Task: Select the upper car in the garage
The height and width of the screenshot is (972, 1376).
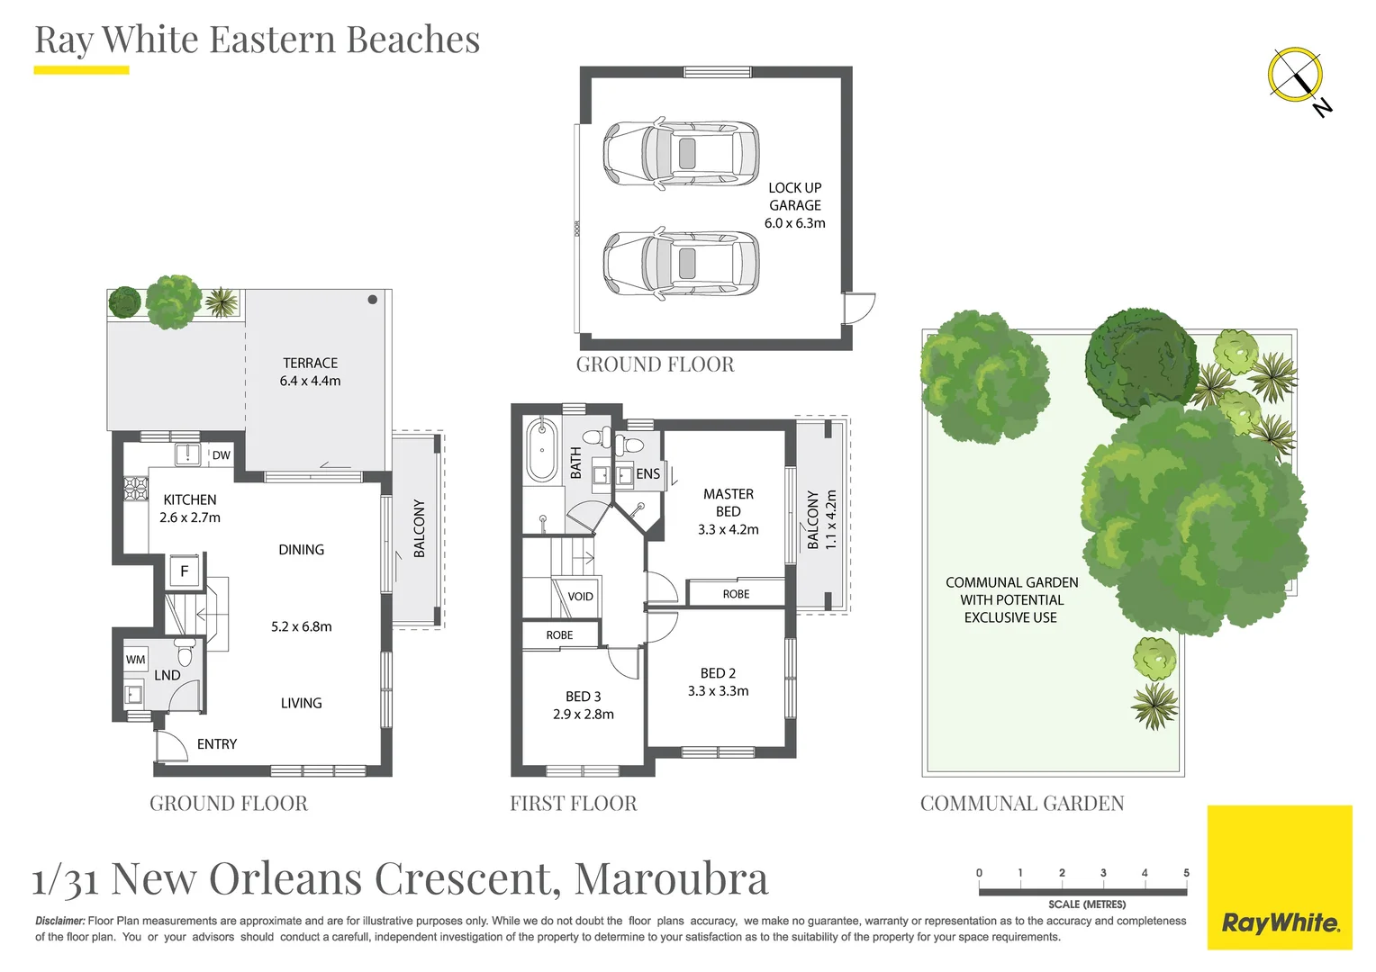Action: (x=681, y=153)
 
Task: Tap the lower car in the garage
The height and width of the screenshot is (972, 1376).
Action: (x=681, y=263)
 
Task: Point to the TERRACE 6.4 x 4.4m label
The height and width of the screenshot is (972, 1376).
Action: (x=310, y=372)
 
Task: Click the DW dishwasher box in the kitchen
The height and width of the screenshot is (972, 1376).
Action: (x=221, y=455)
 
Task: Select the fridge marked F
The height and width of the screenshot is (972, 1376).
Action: (x=185, y=571)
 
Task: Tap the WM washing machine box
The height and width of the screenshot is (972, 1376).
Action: (x=135, y=660)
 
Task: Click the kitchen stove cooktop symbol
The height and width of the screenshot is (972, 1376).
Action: (x=135, y=488)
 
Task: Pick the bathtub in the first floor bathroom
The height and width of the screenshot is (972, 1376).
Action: (x=542, y=450)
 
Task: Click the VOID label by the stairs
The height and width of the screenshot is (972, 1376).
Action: (x=580, y=597)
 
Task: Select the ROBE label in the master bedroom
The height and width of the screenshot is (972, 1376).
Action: (x=736, y=594)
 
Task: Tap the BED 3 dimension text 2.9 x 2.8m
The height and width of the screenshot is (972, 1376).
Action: (x=584, y=715)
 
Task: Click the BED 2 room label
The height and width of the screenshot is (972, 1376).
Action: (x=718, y=673)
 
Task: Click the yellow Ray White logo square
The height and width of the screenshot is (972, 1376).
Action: (x=1279, y=877)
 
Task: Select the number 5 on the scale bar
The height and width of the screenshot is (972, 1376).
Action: (x=1186, y=873)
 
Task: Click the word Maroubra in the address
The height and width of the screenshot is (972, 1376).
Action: (x=671, y=879)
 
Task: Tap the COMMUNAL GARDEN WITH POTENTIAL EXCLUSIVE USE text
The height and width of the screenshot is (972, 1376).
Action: (x=1011, y=600)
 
